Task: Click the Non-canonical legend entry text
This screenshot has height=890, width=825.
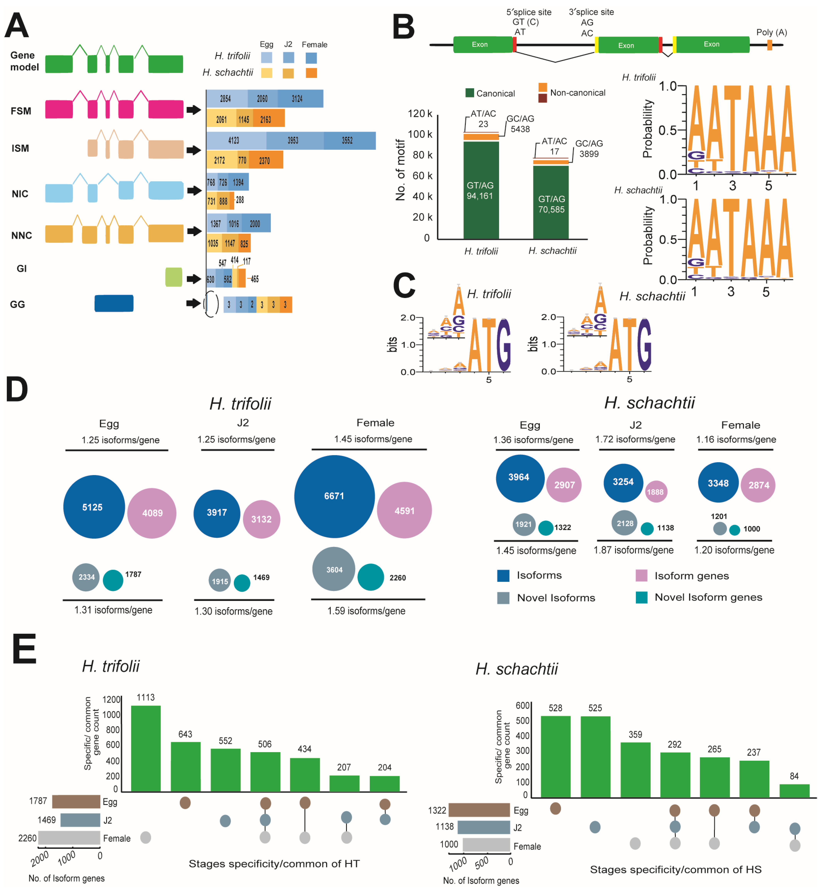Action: pyautogui.click(x=578, y=93)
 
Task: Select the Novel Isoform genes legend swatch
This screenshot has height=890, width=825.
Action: pyautogui.click(x=642, y=597)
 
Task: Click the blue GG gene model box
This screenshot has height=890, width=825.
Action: pyautogui.click(x=114, y=304)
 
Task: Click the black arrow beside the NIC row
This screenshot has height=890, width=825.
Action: pyautogui.click(x=194, y=191)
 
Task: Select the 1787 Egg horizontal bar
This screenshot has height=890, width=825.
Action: pyautogui.click(x=76, y=801)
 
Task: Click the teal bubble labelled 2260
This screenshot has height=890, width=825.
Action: pyautogui.click(x=370, y=577)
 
